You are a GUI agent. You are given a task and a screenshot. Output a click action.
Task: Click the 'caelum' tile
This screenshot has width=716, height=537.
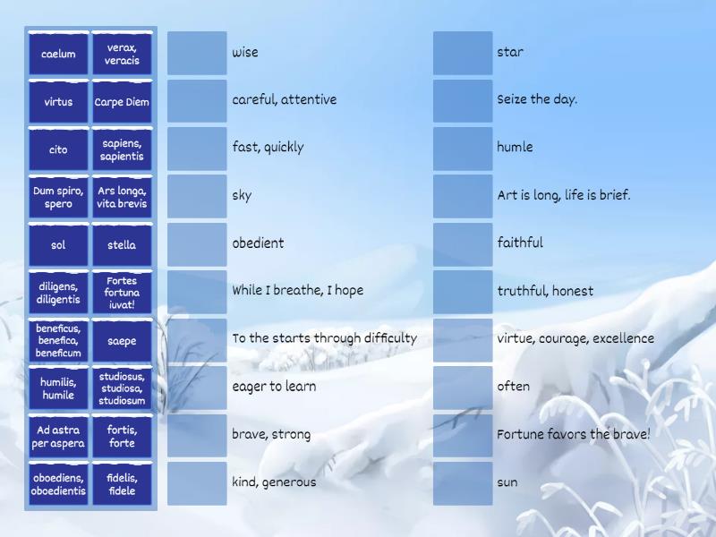(x=58, y=54)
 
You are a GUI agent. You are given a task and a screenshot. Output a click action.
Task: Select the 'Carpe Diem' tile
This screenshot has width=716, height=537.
(x=122, y=102)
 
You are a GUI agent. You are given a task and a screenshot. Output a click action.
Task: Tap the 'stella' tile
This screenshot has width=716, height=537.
(x=122, y=245)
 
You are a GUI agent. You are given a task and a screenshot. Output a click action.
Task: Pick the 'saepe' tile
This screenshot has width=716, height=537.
(x=122, y=341)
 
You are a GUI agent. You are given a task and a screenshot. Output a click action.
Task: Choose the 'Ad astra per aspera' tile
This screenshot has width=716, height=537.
(x=58, y=437)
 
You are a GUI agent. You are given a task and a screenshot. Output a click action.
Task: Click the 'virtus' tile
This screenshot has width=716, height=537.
(x=58, y=102)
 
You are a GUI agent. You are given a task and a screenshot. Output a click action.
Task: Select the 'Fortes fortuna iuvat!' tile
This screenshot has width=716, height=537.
(x=122, y=293)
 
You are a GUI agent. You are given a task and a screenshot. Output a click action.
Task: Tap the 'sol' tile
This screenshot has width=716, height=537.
(x=58, y=245)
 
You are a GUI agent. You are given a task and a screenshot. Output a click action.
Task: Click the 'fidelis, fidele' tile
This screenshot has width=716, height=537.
(x=122, y=484)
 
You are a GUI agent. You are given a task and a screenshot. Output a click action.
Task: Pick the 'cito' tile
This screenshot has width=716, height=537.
(x=58, y=149)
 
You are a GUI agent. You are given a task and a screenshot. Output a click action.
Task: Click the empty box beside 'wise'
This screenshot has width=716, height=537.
(x=197, y=53)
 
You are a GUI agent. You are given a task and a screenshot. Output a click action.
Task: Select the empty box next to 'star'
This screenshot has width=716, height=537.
(x=463, y=53)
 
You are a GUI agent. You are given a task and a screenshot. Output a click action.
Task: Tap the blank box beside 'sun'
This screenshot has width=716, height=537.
(x=463, y=483)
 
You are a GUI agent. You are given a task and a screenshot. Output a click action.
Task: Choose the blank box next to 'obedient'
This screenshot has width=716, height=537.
(x=197, y=243)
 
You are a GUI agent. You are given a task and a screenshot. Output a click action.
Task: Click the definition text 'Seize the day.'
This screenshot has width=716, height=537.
(x=537, y=99)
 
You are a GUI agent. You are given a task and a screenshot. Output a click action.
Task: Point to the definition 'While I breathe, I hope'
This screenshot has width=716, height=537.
(x=297, y=291)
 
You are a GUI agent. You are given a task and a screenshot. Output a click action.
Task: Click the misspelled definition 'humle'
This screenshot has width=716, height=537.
(x=515, y=148)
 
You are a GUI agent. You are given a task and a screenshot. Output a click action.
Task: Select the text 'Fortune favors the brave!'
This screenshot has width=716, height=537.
(x=574, y=435)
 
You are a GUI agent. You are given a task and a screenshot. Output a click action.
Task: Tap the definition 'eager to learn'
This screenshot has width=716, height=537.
(x=274, y=387)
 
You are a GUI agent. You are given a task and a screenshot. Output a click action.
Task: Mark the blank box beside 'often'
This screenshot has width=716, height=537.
(x=463, y=388)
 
